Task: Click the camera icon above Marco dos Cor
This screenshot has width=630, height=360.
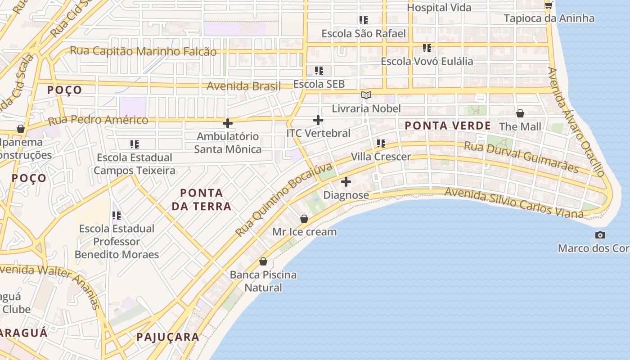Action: [x=600, y=235]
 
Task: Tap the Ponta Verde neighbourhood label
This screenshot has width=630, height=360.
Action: [x=448, y=126]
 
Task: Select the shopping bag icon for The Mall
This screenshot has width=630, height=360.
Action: [x=520, y=113]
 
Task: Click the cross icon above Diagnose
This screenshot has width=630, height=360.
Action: [x=346, y=182]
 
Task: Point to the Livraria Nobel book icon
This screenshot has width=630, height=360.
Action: [x=366, y=95]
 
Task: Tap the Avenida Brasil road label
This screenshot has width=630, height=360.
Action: [x=243, y=85]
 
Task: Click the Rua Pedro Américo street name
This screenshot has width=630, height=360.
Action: [x=98, y=120]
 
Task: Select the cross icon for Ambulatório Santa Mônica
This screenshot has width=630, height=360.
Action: [x=228, y=123]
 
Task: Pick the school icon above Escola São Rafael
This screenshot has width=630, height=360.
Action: [x=364, y=20]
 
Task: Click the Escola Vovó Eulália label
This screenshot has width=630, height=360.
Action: [x=427, y=61]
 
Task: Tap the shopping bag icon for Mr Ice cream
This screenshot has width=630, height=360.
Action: [x=304, y=219]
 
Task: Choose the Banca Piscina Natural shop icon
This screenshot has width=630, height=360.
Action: [x=263, y=261]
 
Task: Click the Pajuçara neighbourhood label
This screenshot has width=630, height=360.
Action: [x=167, y=337]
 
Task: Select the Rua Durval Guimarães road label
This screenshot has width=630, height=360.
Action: [x=521, y=157]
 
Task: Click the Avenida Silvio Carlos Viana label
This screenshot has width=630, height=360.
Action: [x=513, y=203]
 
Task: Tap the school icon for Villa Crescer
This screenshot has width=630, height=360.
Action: [x=381, y=144]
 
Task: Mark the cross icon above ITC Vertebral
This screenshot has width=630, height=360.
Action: [x=318, y=120]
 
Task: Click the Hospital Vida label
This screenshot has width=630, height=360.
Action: [x=439, y=8]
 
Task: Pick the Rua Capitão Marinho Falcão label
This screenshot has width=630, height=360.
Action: [x=143, y=51]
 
